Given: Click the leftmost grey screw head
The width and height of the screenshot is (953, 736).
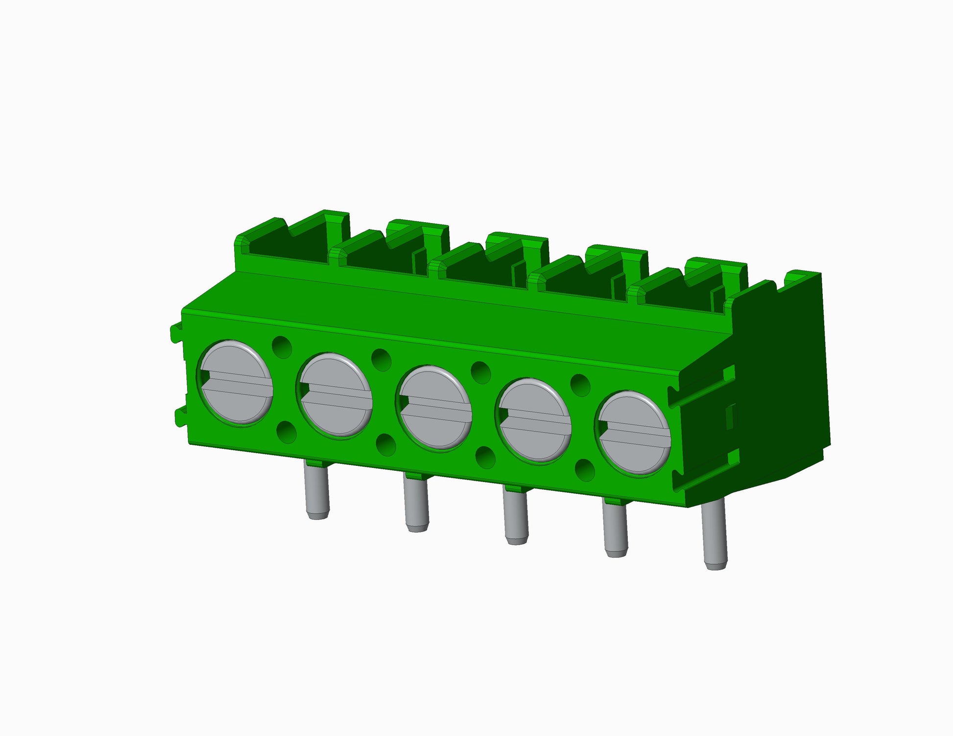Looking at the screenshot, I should (x=235, y=382).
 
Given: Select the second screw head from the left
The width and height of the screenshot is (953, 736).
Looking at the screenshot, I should (x=335, y=395).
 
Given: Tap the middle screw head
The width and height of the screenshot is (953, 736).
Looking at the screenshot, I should (x=434, y=408).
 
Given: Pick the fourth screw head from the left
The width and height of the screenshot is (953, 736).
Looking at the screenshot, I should (x=534, y=420).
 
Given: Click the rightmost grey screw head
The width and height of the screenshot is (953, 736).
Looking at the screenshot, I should (x=634, y=433).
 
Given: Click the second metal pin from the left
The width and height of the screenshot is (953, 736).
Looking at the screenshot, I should (x=416, y=504).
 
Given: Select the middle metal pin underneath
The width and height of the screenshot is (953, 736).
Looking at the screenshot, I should (x=516, y=517).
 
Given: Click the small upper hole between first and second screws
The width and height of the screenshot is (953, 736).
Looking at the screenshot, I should (x=282, y=347).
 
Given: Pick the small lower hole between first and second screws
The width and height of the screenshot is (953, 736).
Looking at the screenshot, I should (x=286, y=433).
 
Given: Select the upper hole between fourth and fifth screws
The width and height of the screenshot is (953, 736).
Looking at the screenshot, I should (x=580, y=385).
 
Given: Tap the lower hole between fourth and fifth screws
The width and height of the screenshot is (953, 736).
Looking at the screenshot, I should (x=584, y=470).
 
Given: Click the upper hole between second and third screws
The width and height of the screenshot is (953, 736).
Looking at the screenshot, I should (x=381, y=360).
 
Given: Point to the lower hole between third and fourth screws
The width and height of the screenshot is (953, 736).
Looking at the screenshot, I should (x=485, y=458).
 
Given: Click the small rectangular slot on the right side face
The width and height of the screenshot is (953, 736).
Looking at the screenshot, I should (x=730, y=416).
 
